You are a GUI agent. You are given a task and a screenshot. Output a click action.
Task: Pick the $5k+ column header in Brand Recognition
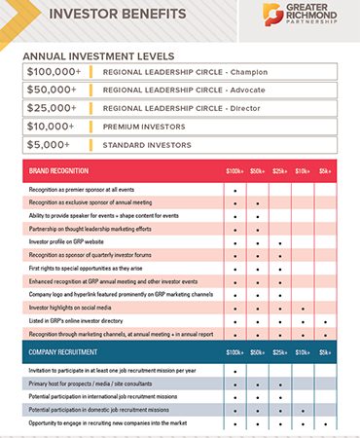(327, 170)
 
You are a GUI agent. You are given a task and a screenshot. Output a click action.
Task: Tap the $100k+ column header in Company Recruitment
(235, 351)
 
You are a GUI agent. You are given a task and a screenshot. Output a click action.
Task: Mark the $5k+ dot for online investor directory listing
(327, 319)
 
